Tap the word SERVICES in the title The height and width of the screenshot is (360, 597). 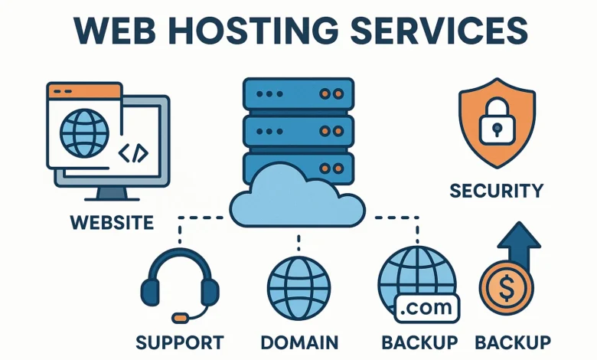click(446, 31)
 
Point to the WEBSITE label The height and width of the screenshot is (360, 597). click(112, 223)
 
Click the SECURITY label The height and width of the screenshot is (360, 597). click(497, 190)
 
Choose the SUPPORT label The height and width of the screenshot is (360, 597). click(179, 342)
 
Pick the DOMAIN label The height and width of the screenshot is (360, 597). click(299, 342)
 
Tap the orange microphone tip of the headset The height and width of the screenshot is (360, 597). click(181, 316)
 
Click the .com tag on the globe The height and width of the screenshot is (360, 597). click(426, 308)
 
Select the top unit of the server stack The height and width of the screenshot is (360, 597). click(298, 94)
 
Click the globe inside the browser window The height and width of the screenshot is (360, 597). click(83, 133)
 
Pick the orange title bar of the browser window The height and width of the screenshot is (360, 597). click(84, 91)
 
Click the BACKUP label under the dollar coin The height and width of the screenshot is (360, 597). click(513, 342)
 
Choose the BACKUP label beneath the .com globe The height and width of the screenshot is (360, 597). click(419, 342)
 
